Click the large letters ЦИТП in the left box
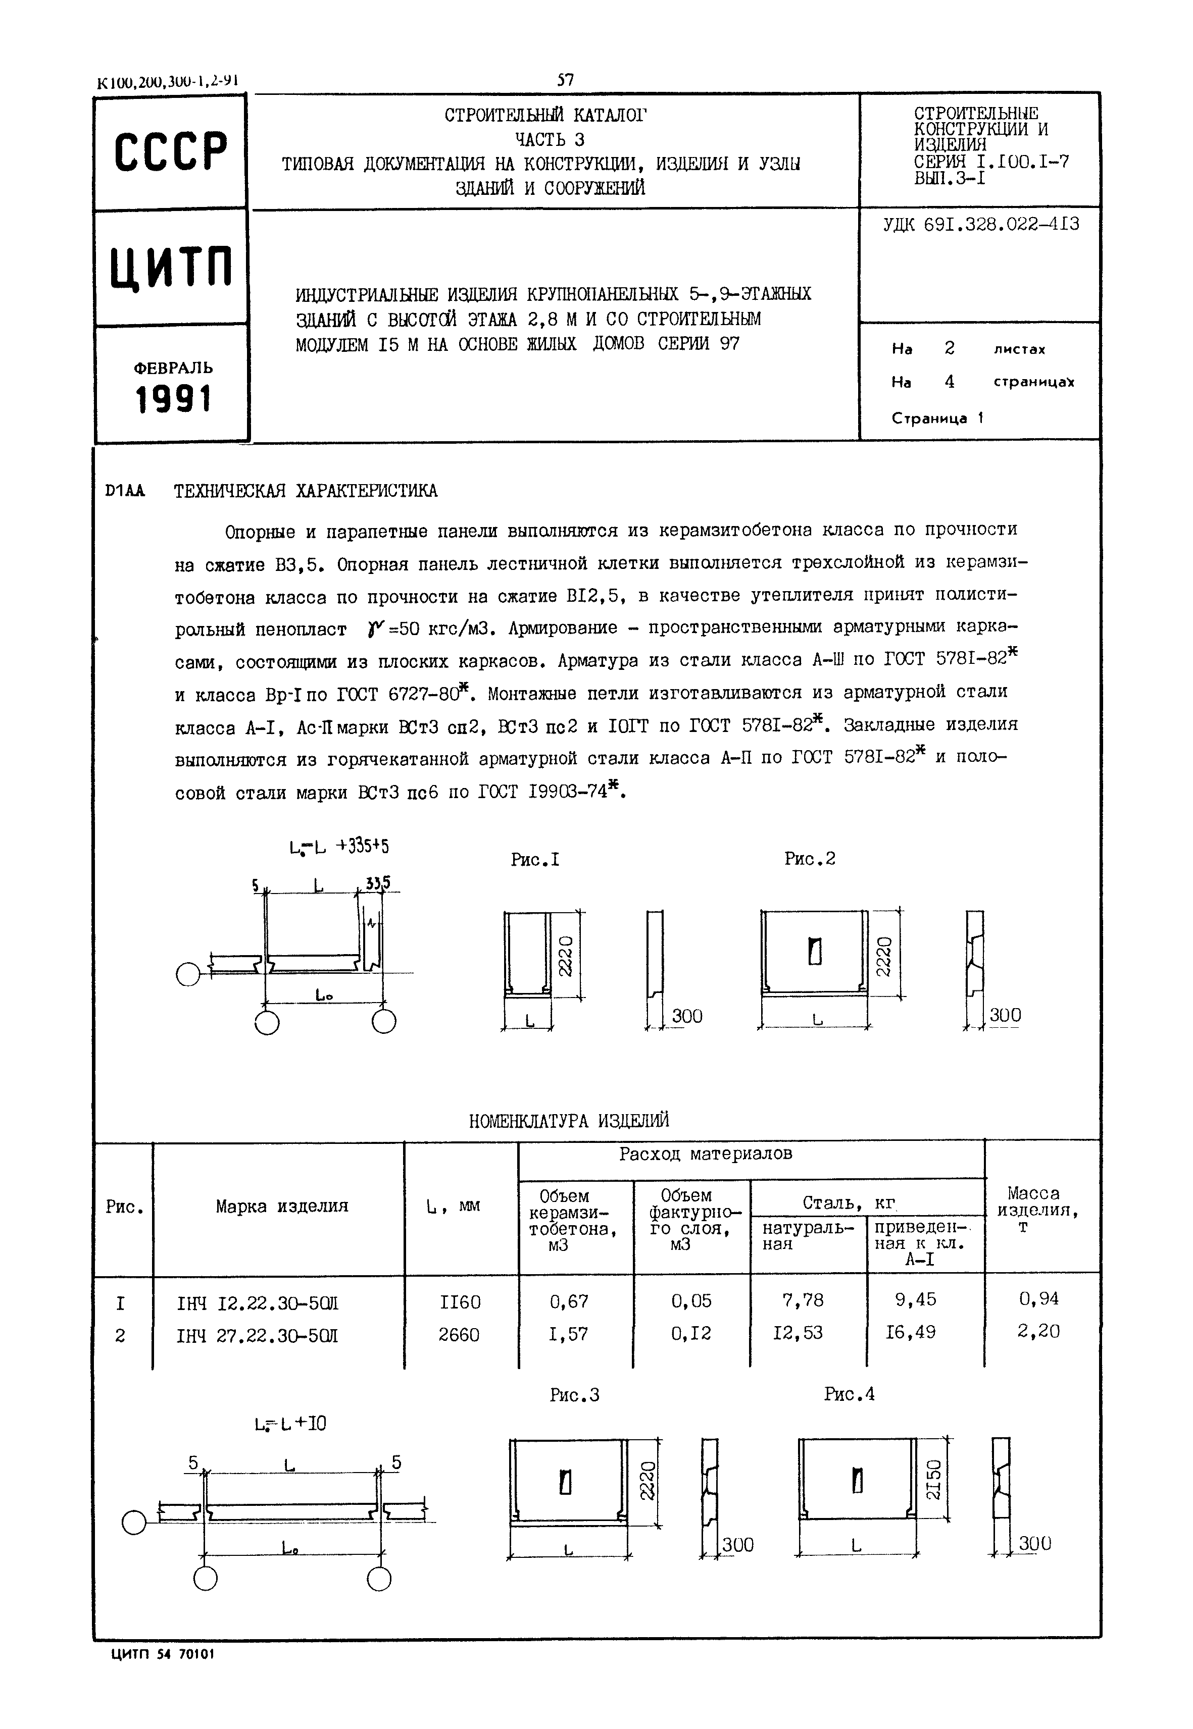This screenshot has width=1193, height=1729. pos(171,267)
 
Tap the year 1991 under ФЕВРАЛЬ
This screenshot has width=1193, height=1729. pos(173,400)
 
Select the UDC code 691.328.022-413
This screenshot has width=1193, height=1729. pos(981,224)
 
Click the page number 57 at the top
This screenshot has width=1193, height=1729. pos(565,80)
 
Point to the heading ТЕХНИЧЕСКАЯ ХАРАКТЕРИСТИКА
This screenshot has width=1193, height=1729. pos(306,491)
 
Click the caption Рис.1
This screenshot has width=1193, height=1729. pos(535,860)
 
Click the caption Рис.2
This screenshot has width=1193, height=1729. pos(810,859)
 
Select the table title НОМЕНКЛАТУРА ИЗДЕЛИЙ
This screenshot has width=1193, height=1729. pos(569,1120)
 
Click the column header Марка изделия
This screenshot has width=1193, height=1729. pos(282,1206)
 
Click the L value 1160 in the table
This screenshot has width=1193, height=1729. pos(460,1302)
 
